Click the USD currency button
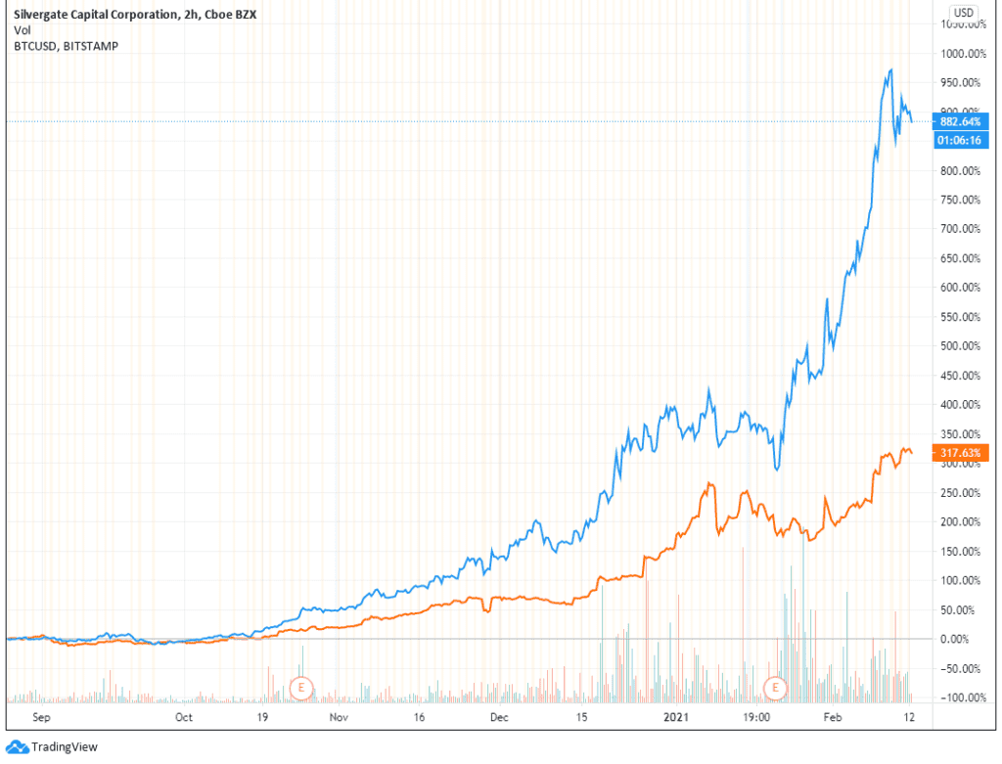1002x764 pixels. [963, 12]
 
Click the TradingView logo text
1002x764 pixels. [65, 747]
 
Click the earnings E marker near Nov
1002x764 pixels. [302, 688]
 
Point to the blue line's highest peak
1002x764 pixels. [890, 69]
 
